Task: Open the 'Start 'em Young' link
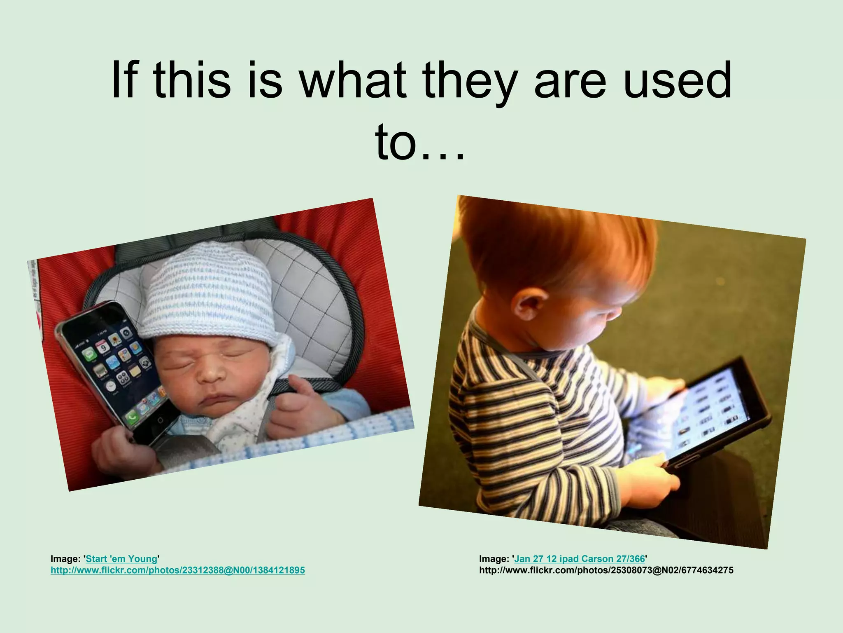coord(122,559)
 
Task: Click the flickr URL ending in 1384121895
coord(177,571)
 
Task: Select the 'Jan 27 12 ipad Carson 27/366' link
coord(580,559)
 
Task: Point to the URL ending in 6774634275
coord(606,571)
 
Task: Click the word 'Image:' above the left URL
coord(66,559)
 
